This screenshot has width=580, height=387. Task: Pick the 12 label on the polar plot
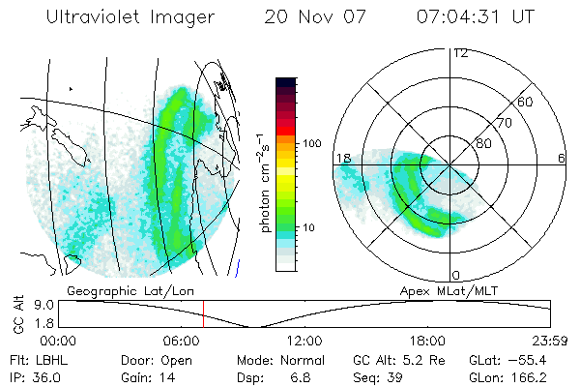click(460, 52)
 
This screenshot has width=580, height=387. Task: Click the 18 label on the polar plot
click(342, 158)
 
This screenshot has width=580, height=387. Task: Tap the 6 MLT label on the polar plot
click(561, 158)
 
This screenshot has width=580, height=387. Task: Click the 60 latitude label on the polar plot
click(525, 102)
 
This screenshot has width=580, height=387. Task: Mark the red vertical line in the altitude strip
click(203, 313)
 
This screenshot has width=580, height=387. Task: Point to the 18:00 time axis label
click(428, 341)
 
